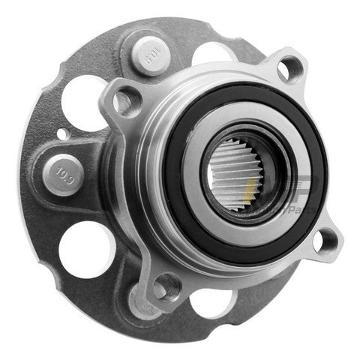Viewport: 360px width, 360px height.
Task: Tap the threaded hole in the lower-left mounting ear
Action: (166, 286)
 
